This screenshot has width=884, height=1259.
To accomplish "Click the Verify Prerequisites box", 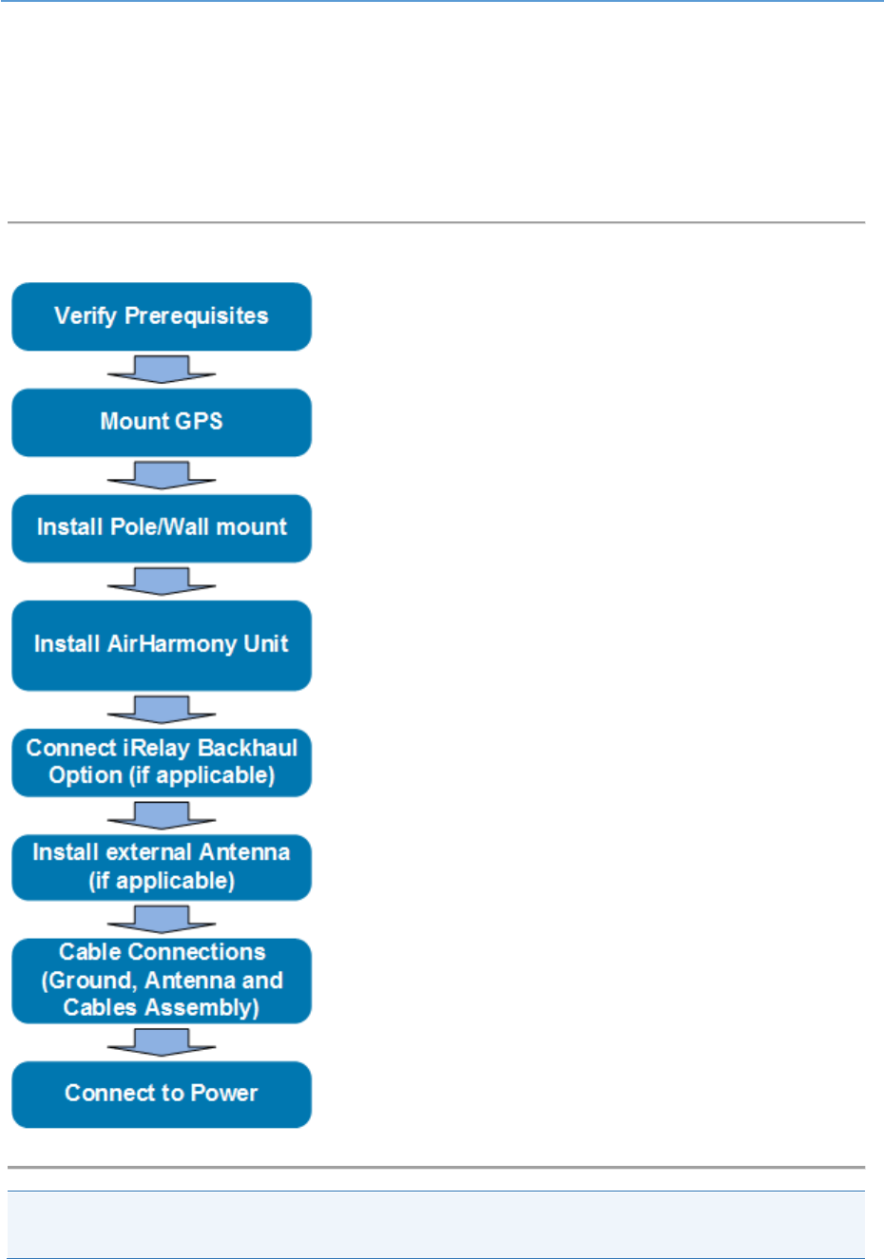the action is click(x=162, y=316).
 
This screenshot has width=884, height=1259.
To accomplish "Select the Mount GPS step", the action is click(x=162, y=422).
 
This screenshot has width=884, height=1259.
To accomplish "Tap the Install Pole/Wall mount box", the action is click(x=162, y=527).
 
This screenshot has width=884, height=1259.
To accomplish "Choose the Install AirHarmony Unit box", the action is click(x=162, y=644).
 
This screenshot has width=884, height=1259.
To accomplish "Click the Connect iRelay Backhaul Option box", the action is click(x=162, y=762).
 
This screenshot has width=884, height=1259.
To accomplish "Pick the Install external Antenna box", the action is click(x=162, y=867).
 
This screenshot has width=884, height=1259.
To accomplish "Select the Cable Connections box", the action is click(x=162, y=980).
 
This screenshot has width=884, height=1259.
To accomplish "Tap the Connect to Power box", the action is click(x=162, y=1094).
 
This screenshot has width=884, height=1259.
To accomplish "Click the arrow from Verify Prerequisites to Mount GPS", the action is click(x=162, y=369).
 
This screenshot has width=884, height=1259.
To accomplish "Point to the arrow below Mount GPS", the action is click(x=162, y=475).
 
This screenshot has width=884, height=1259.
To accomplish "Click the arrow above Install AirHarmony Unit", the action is click(x=162, y=581).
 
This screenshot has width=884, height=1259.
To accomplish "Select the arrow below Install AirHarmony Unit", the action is click(x=162, y=709).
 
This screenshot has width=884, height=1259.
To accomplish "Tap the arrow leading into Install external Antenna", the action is click(x=162, y=814).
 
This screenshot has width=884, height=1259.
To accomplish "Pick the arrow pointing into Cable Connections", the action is click(x=162, y=919).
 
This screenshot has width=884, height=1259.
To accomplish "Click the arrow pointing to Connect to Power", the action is click(x=162, y=1041).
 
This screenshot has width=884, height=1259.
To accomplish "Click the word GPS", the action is click(x=200, y=422).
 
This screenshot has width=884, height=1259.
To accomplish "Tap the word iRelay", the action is click(x=157, y=749).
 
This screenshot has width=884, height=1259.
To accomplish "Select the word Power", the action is click(x=224, y=1094).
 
